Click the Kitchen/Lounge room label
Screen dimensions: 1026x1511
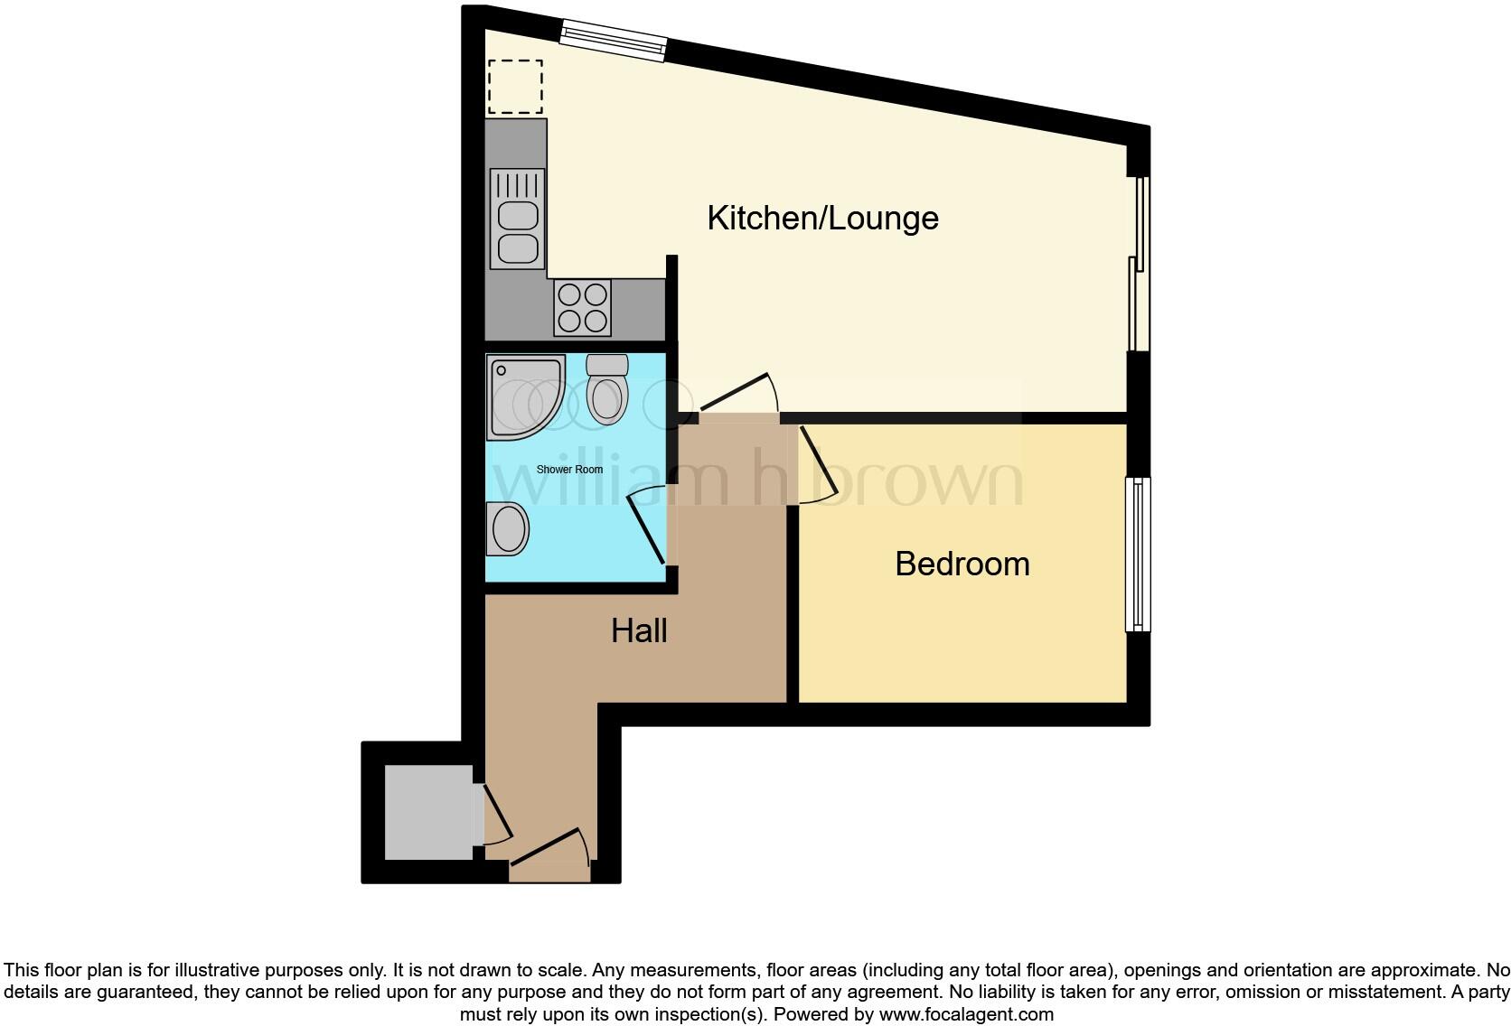822,219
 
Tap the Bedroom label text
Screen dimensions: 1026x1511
962,564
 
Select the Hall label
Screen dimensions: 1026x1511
639,630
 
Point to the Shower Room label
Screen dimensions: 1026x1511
569,470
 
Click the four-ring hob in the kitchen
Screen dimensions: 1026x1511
582,307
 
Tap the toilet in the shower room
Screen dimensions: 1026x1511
606,390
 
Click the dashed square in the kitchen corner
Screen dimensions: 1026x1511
515,87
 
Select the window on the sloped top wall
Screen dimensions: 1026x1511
613,41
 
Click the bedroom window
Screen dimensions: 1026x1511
1138,555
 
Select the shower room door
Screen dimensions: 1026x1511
647,525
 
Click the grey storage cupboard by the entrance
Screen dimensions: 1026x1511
428,812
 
